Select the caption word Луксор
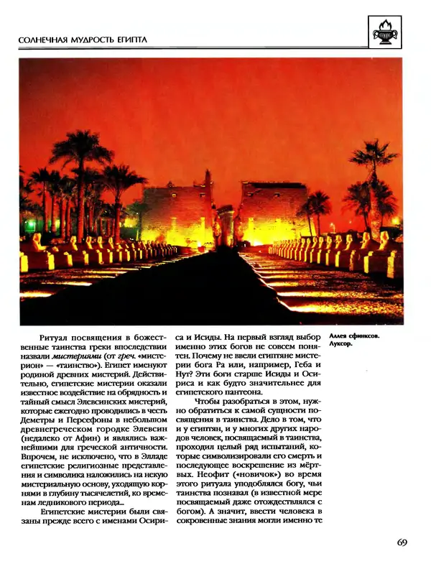(342, 343)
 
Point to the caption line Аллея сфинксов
(354, 333)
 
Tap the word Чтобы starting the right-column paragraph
(209, 405)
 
